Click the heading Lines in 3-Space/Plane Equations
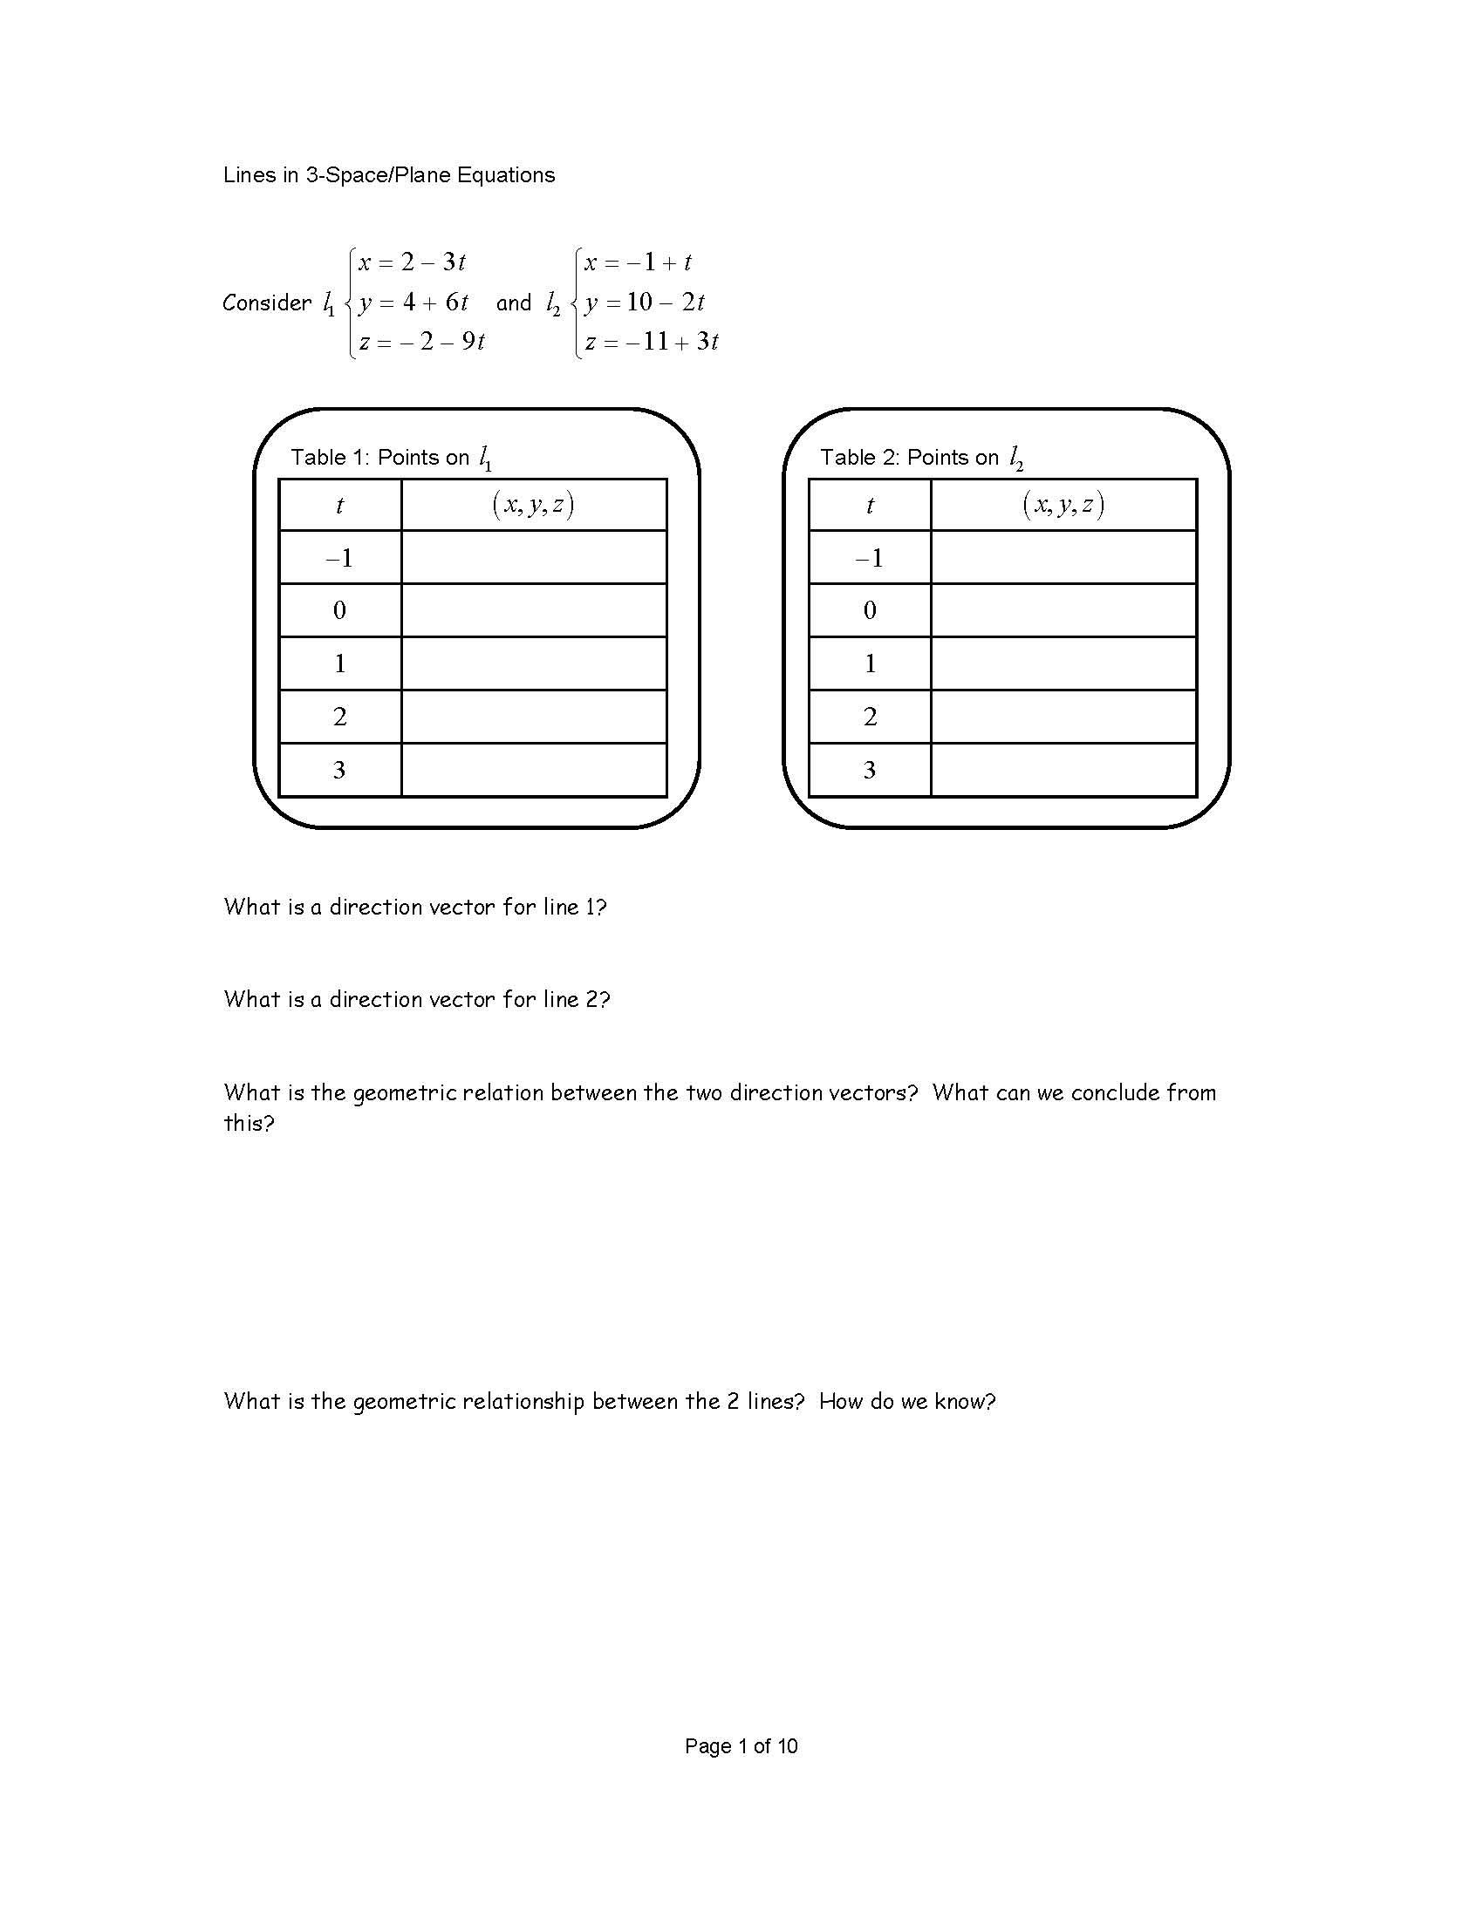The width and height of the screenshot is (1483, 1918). tap(388, 174)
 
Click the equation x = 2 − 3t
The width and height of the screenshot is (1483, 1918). tap(411, 262)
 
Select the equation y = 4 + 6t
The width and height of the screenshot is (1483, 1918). tap(413, 303)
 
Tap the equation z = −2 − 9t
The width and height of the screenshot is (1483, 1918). tap(421, 342)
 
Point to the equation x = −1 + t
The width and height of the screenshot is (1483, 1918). tap(638, 262)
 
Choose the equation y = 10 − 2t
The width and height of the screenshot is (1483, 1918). tap(644, 303)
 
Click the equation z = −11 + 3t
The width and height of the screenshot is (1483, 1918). tap(652, 342)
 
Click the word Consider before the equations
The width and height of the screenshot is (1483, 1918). tap(266, 303)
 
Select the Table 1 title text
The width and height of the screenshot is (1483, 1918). tap(390, 458)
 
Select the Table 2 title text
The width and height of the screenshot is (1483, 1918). tap(920, 458)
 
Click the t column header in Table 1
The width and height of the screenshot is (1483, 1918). tap(340, 505)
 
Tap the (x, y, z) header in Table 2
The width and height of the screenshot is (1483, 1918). tap(1063, 505)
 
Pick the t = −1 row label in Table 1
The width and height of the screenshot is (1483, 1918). tap(340, 558)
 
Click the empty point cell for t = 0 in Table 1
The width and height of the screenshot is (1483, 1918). tap(533, 610)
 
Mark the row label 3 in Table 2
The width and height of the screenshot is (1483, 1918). tap(870, 770)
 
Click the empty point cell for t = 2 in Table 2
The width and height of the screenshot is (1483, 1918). tap(1063, 717)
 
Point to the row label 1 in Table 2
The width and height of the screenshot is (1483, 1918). tap(870, 663)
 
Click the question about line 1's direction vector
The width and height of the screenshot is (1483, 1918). tap(414, 907)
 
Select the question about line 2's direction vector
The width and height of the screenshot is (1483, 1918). tap(416, 998)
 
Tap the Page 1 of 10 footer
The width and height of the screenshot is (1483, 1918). tap(741, 1746)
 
